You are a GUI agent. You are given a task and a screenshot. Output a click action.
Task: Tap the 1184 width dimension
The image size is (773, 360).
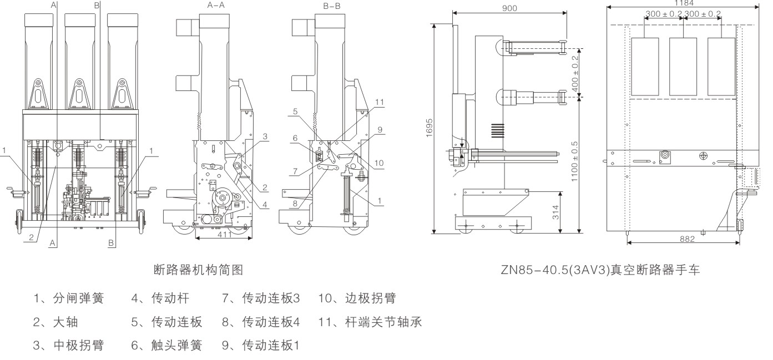pyautogui.click(x=683, y=3)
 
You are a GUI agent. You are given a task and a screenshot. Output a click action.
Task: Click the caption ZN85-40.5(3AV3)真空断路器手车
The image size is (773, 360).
pyautogui.click(x=600, y=271)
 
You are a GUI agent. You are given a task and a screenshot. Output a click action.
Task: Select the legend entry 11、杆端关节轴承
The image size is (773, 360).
pyautogui.click(x=371, y=322)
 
